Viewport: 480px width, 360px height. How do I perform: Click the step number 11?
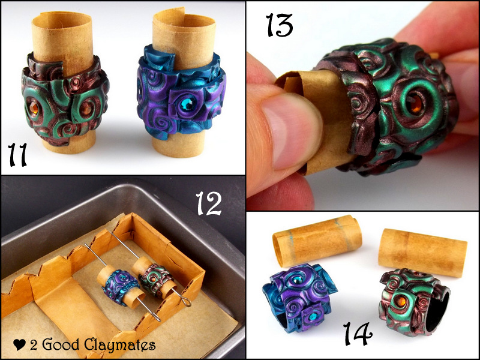(x=19, y=154)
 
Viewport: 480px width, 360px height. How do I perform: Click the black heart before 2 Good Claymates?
(x=19, y=345)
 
